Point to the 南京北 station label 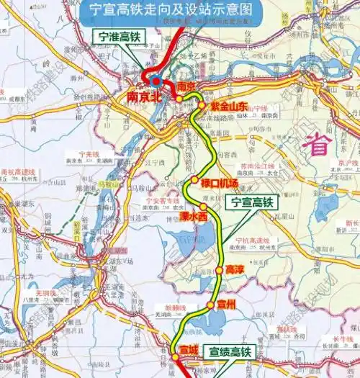pyautogui.click(x=141, y=96)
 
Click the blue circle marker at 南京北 pyautogui.click(x=156, y=81)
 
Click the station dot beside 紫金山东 pyautogui.click(x=202, y=106)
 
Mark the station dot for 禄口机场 pyautogui.click(x=194, y=180)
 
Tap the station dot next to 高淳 pyautogui.click(x=219, y=271)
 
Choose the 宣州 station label pyautogui.click(x=225, y=303)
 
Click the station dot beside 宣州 pyautogui.click(x=210, y=305)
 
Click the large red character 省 pyautogui.click(x=318, y=145)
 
